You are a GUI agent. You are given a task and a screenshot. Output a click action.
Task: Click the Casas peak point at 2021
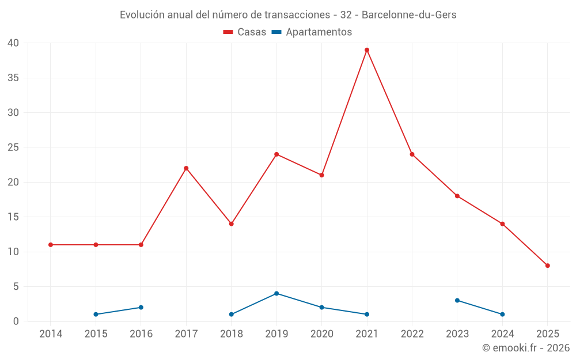click(367, 50)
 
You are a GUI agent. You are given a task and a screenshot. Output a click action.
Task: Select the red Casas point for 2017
click(186, 168)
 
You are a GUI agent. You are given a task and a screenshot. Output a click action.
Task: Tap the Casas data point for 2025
click(548, 266)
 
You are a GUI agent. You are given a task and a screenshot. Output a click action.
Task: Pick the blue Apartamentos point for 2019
click(276, 294)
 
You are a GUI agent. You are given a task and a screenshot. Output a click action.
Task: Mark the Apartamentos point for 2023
click(457, 301)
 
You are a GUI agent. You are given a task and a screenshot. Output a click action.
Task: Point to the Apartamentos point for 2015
click(96, 314)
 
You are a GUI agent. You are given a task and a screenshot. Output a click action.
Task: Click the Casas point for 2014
click(51, 245)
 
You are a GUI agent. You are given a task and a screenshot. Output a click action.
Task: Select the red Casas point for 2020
click(322, 175)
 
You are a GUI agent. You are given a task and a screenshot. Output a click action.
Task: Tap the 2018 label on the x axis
click(232, 334)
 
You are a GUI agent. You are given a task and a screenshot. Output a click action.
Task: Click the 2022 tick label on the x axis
click(412, 334)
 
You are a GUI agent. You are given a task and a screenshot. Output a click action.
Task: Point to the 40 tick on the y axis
click(13, 43)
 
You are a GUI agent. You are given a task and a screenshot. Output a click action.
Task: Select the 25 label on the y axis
click(13, 147)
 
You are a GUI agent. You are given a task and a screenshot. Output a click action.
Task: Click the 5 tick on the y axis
click(16, 287)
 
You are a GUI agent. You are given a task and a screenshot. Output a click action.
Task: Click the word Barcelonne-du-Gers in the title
click(409, 15)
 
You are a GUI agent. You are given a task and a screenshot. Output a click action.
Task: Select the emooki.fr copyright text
click(526, 348)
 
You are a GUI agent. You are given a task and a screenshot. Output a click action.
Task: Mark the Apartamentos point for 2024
click(502, 314)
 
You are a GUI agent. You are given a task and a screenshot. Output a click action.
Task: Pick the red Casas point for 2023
click(457, 196)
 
